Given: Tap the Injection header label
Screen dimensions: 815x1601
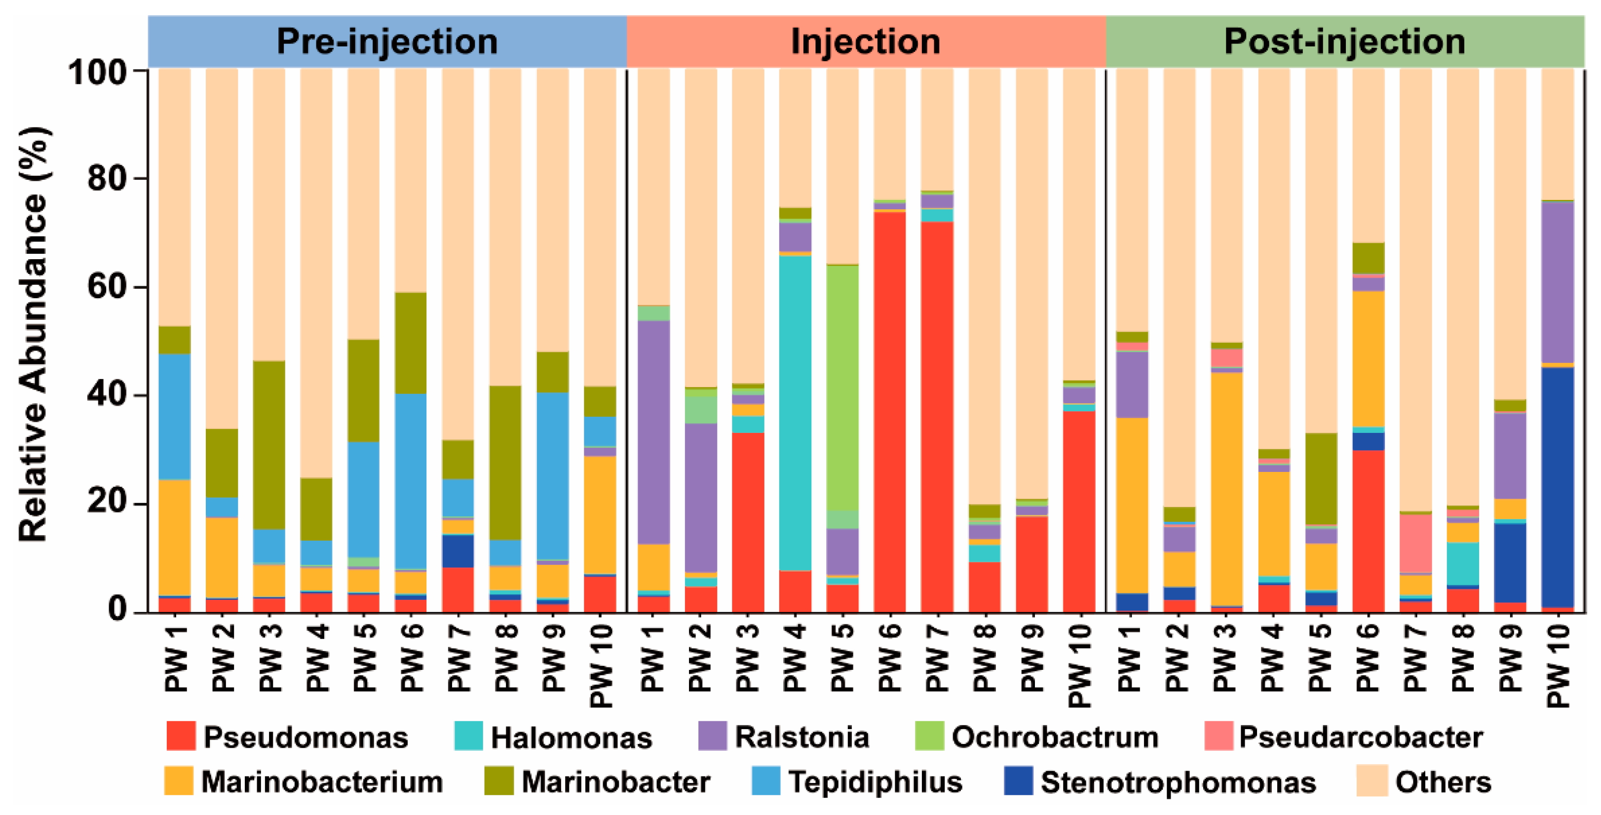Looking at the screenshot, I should [865, 41].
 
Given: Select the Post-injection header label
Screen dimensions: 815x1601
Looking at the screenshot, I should [1344, 41].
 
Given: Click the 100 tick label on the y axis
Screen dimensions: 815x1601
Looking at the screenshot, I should [98, 73].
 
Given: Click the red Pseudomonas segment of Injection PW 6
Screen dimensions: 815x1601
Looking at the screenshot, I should [889, 410].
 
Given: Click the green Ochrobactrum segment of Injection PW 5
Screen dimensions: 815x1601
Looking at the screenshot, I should [842, 386].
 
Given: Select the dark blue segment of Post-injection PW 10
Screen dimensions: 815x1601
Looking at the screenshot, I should [1558, 485].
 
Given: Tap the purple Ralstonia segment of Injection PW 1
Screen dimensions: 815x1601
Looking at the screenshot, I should [653, 432].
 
